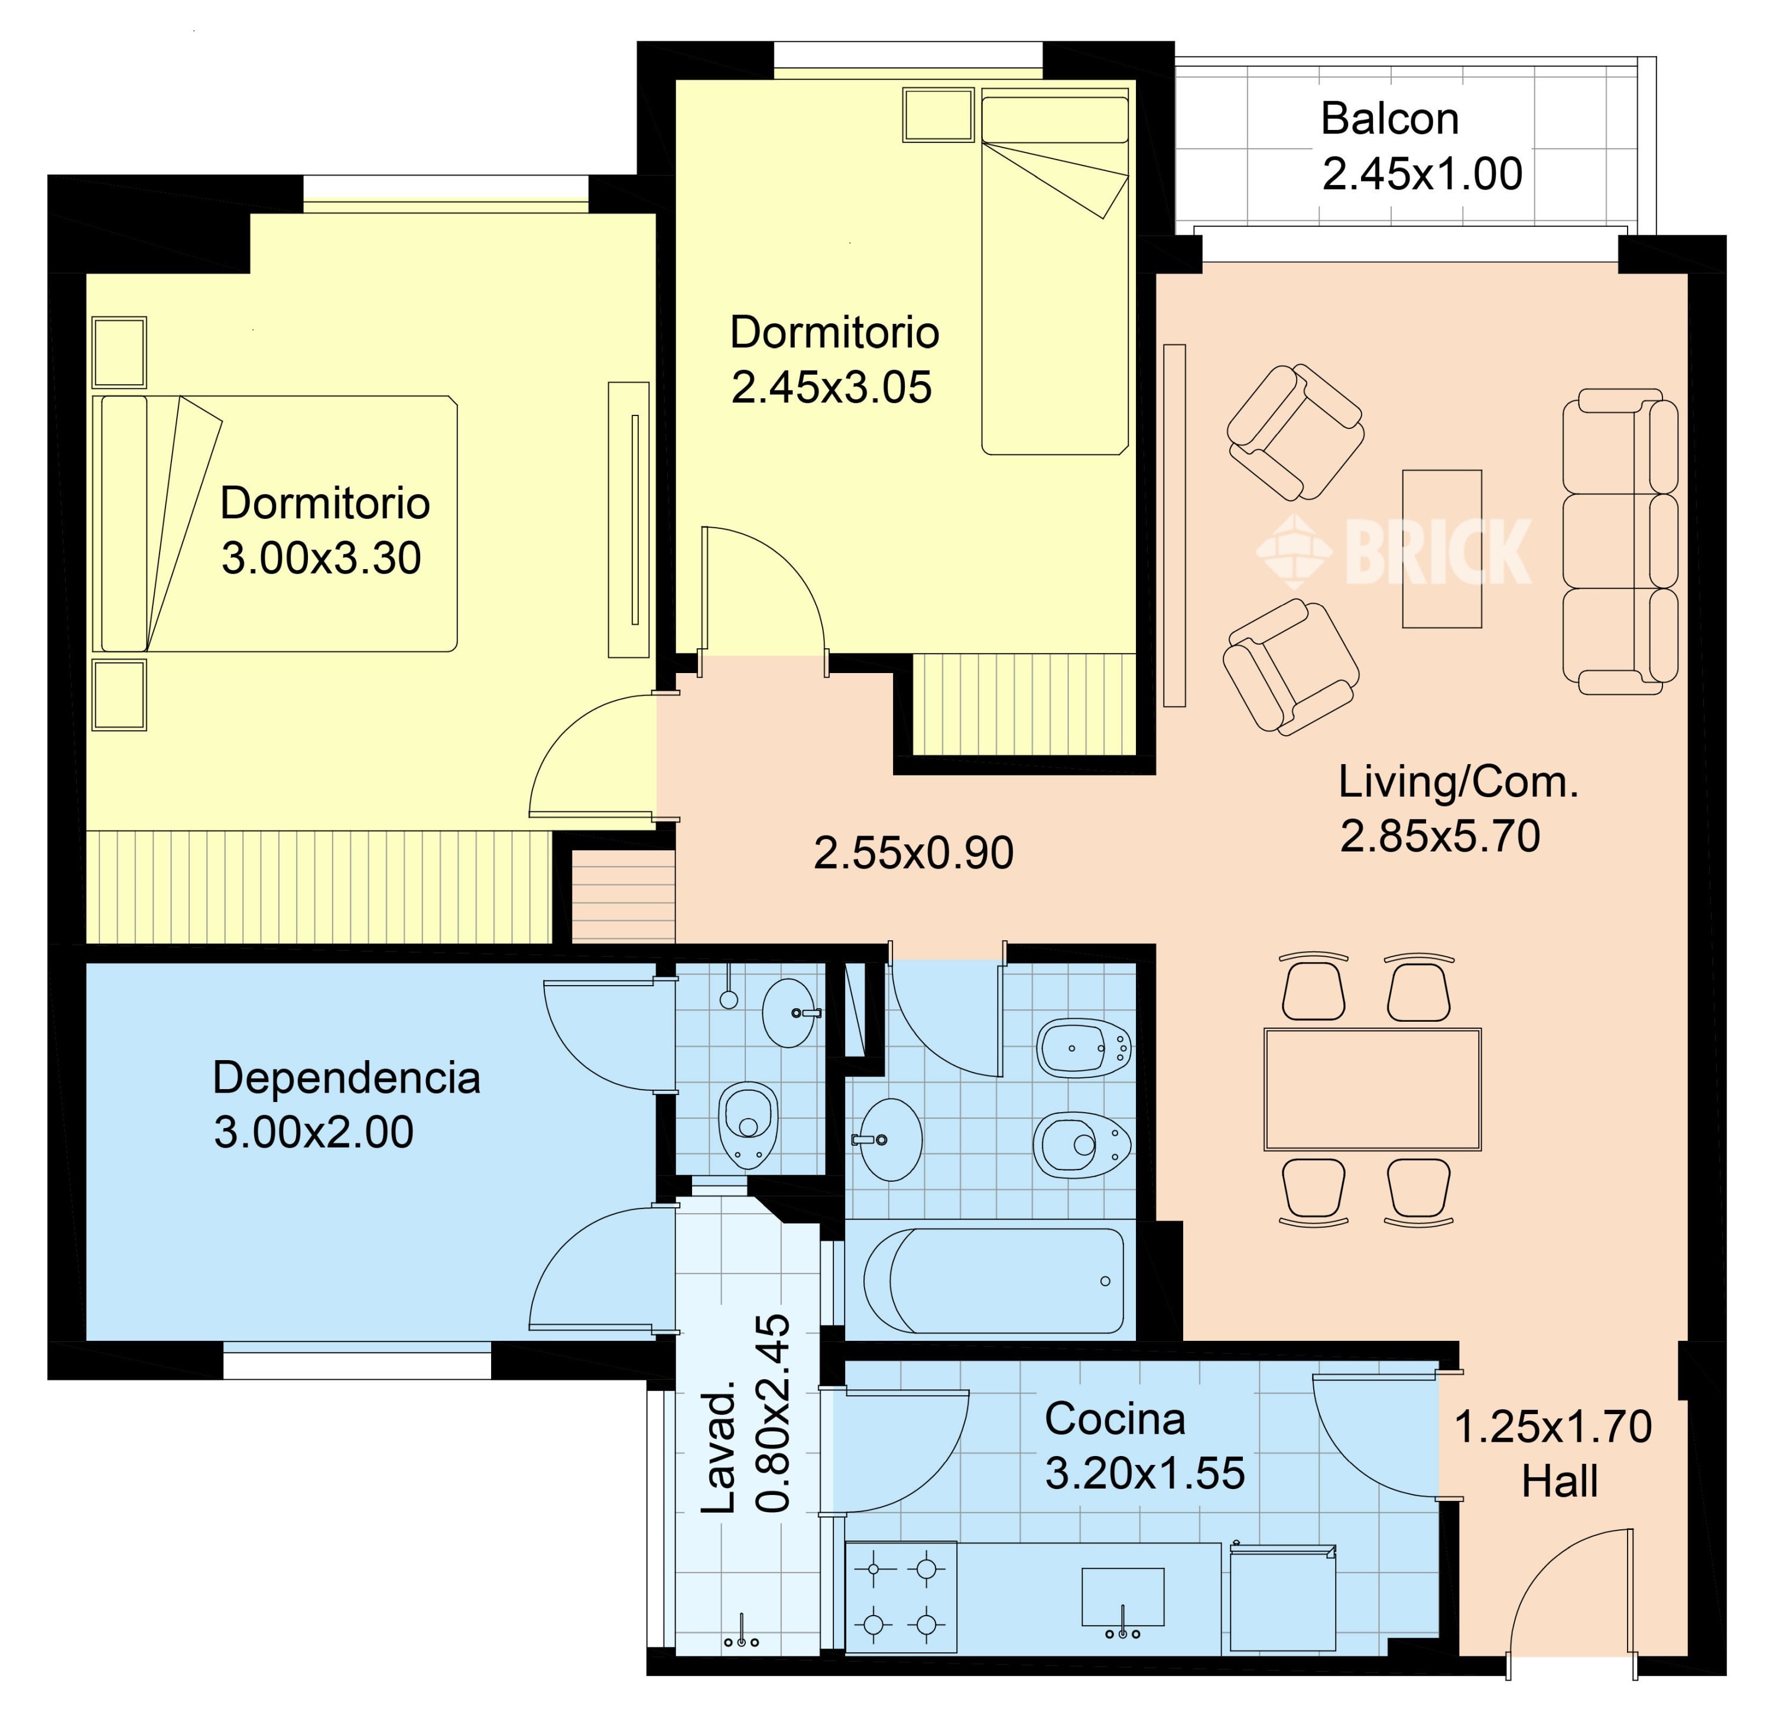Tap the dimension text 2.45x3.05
click(832, 388)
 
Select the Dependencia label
click(346, 1078)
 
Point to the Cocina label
click(1115, 1419)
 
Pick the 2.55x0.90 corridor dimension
click(914, 853)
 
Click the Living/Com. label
click(1458, 781)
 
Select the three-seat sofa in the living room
click(1620, 542)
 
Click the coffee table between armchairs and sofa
click(1442, 549)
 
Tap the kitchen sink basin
click(1122, 1597)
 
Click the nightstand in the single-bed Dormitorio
click(938, 115)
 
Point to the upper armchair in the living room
click(1295, 432)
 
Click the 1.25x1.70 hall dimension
click(1553, 1427)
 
